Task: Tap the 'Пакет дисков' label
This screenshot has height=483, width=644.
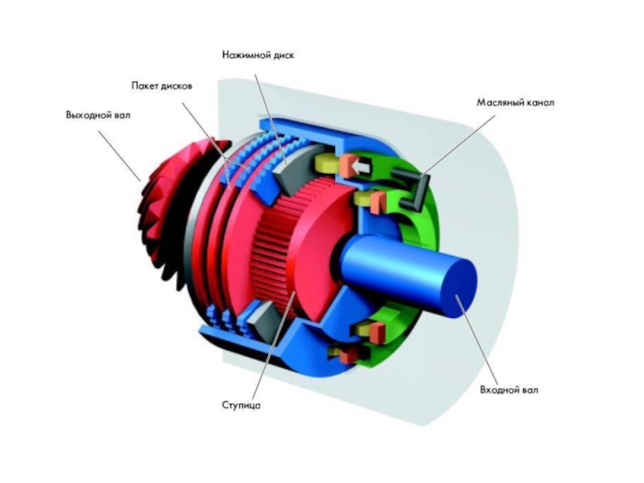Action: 161,85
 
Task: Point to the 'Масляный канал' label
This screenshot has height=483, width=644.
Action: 515,103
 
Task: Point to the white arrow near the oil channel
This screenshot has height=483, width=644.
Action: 361,167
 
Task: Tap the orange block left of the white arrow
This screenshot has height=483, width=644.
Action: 348,166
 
